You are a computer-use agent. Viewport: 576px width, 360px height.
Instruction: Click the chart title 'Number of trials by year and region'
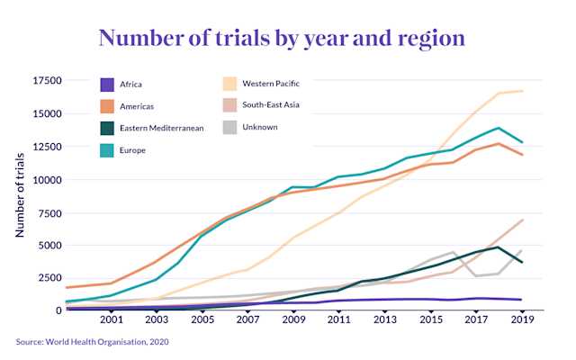282,38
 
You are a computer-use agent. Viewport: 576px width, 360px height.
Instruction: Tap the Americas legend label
150,106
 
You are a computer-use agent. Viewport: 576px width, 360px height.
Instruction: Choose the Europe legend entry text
145,150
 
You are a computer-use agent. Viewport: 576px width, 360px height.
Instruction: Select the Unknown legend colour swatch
229,128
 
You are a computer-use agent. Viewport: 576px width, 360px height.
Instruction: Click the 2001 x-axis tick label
112,319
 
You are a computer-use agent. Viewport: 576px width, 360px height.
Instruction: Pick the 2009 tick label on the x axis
292,319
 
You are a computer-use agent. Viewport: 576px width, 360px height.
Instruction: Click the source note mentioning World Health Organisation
93,342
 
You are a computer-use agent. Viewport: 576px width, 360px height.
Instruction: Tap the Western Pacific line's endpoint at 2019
522,91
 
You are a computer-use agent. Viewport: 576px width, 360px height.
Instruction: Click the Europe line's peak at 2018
499,128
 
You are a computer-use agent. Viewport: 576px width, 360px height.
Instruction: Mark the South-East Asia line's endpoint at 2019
522,220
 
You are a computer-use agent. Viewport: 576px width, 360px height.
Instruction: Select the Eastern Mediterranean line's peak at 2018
499,247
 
